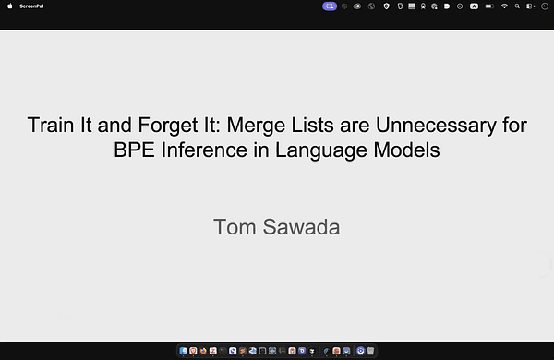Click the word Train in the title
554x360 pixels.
click(x=49, y=126)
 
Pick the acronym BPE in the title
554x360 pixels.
click(x=133, y=149)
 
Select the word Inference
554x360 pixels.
click(x=205, y=149)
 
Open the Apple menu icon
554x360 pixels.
click(x=9, y=6)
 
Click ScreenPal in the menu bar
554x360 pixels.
click(x=32, y=6)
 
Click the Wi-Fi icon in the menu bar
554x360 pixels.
click(x=504, y=6)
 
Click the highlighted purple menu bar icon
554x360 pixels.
click(x=330, y=6)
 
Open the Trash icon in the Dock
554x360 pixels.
click(x=370, y=351)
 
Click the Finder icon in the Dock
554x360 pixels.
click(x=183, y=351)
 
